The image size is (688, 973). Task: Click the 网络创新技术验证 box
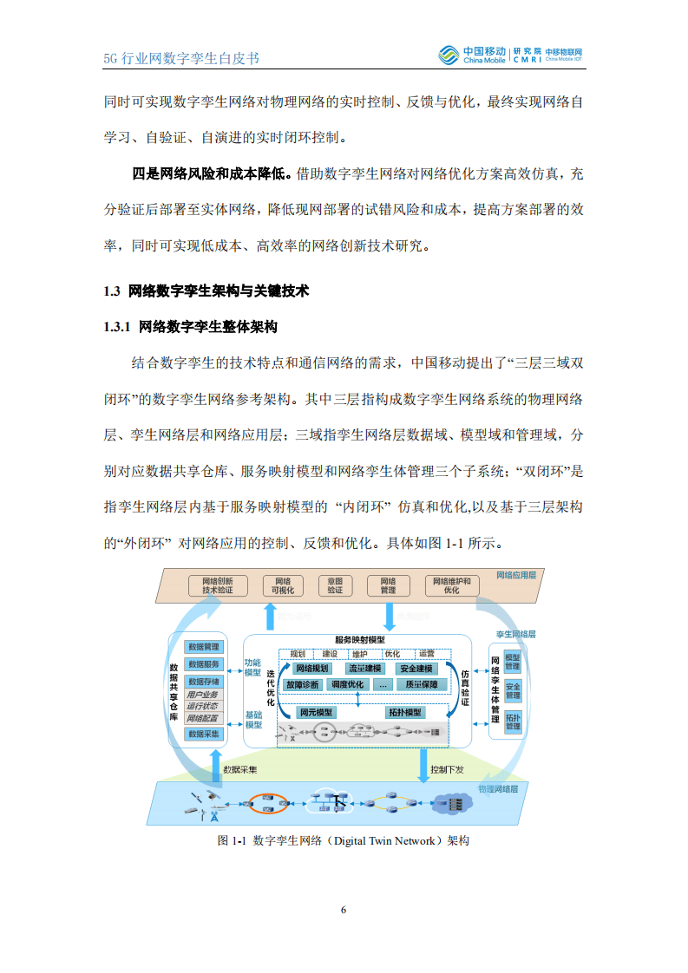pos(217,585)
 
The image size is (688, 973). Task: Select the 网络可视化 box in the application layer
pos(283,585)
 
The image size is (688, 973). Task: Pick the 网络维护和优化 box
pos(388,585)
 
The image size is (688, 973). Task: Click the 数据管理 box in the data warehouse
pos(205,647)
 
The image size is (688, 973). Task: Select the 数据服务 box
pos(205,664)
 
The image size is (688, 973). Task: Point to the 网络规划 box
pos(312,669)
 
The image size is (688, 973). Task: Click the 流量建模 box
pos(364,669)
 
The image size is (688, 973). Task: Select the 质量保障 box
pos(422,684)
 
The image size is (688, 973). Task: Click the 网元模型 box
pos(315,712)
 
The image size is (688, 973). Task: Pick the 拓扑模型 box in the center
pos(404,712)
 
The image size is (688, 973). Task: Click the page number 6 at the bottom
pos(344,909)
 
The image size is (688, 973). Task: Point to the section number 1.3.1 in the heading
pos(117,327)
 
